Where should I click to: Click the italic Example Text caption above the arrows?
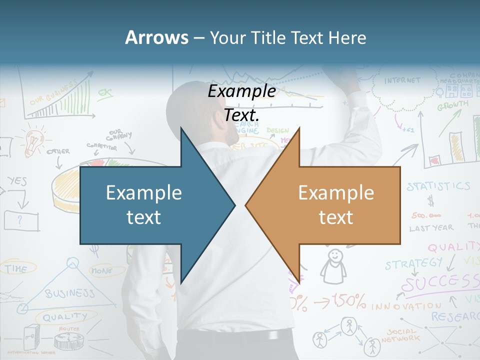tap(242, 103)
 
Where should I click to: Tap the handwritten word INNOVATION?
tap(406, 305)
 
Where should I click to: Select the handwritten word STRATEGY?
tap(414, 263)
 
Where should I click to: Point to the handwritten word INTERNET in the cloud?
tap(402, 80)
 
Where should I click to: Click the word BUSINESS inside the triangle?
tap(69, 293)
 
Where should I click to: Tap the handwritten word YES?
tap(17, 182)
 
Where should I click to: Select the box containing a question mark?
tap(21, 220)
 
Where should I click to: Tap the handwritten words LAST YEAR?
tap(431, 228)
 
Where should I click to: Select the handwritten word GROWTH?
tap(452, 106)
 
